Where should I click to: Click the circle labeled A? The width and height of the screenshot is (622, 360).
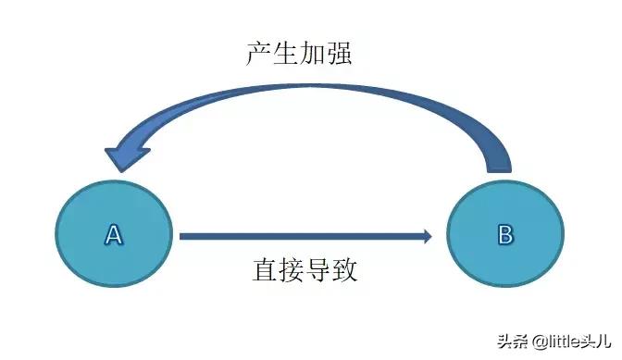114,235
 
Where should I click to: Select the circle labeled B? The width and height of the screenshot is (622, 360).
505,235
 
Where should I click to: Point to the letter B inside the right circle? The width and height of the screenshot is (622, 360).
505,235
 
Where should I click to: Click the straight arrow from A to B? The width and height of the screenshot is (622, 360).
296,236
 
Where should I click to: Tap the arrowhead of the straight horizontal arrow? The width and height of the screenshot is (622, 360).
426,236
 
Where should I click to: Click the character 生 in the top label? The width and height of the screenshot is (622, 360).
289,54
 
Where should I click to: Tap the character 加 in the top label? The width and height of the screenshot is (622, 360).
316,54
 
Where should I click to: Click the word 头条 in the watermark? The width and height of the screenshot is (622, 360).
487,341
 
